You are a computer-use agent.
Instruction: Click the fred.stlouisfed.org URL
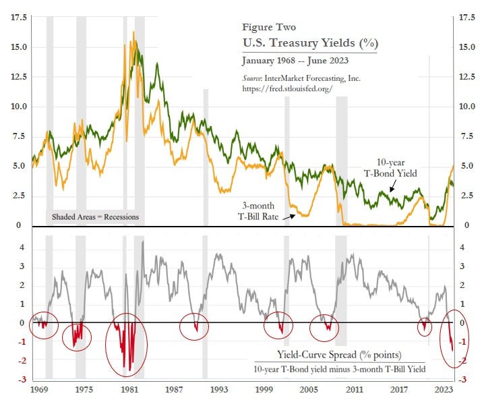click(x=287, y=88)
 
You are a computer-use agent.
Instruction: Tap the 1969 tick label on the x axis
click(x=38, y=390)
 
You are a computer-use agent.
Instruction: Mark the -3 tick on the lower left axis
click(x=22, y=380)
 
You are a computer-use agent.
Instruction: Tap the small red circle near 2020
click(x=424, y=326)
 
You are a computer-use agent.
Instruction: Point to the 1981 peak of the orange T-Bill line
click(x=133, y=32)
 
